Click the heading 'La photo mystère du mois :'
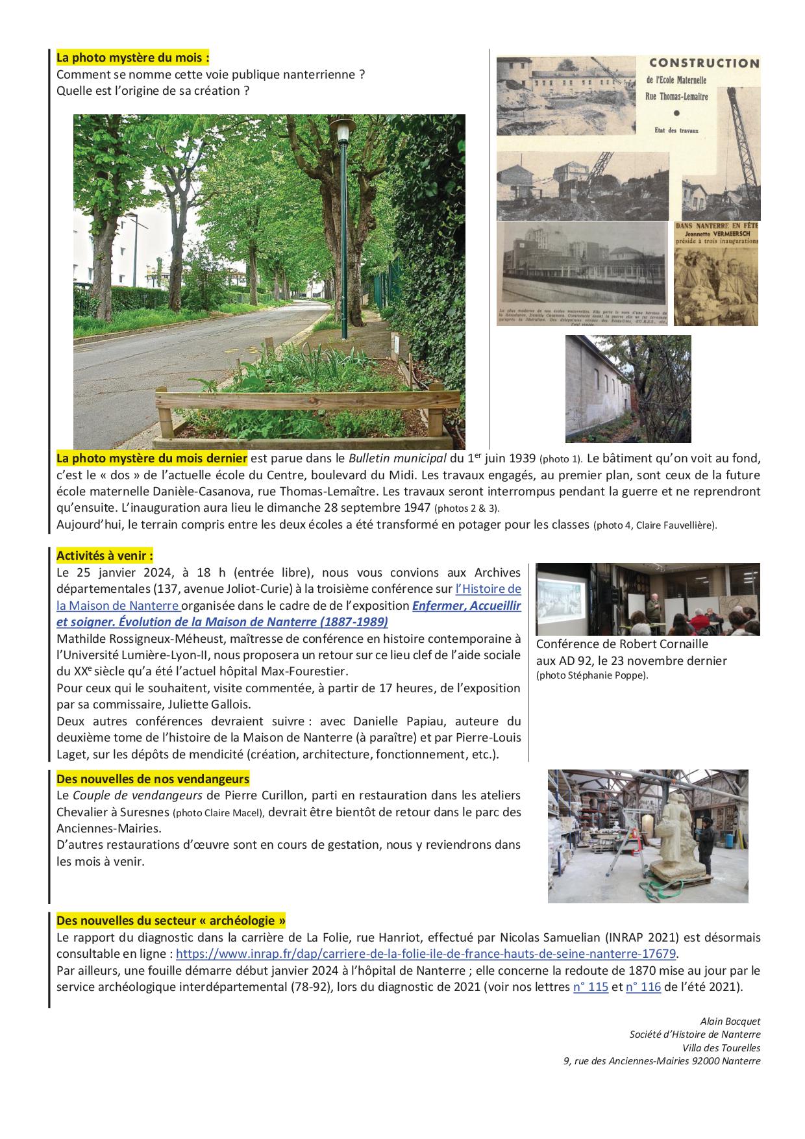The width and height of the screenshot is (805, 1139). pos(132,57)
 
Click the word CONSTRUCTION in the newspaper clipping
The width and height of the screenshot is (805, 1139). pos(704,63)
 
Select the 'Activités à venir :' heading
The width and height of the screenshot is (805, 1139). pos(105,556)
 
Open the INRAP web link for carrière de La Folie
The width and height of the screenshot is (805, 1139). pos(426,954)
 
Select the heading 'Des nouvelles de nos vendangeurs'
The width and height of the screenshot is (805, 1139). pos(153,779)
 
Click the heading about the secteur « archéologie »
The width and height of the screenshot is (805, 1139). pos(171,921)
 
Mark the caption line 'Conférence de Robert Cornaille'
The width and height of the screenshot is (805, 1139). pos(622,644)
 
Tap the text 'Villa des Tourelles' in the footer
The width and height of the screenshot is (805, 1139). pos(721,1047)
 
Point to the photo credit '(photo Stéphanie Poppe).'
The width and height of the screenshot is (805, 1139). pos(592,675)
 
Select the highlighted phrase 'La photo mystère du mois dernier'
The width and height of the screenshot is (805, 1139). pos(152,458)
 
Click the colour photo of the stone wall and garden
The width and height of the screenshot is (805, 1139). pos(628,388)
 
